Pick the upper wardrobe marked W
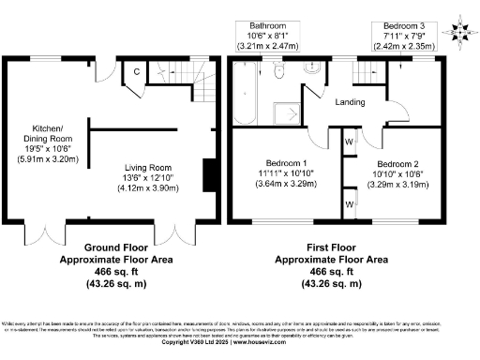point(349,142)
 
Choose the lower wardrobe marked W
point(349,202)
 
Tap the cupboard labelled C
point(137,71)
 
